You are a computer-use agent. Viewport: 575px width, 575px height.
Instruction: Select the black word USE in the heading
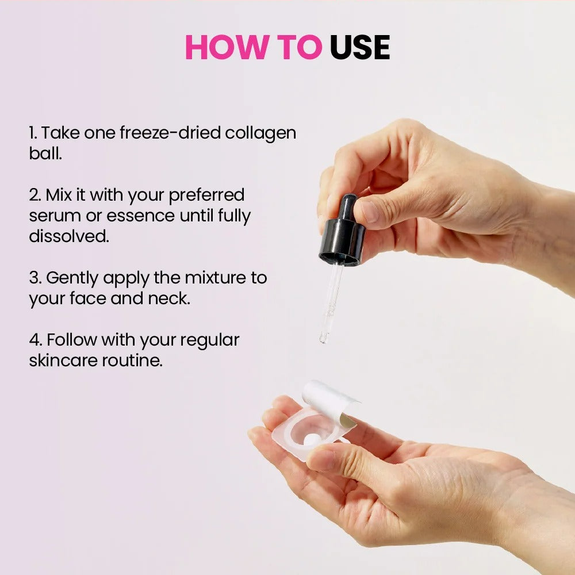coord(359,47)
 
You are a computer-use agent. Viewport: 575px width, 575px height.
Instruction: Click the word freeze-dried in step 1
coord(170,132)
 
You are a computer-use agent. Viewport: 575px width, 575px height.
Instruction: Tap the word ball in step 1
coord(45,153)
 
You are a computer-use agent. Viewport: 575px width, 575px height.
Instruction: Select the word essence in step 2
coord(140,216)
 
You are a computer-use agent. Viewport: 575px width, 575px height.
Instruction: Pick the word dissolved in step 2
coord(69,236)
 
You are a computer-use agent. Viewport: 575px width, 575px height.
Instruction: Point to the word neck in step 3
coord(169,298)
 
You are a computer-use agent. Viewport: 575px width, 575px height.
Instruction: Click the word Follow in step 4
coord(72,340)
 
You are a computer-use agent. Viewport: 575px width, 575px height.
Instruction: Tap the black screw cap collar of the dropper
coord(343,241)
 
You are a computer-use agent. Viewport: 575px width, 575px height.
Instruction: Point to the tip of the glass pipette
coord(322,341)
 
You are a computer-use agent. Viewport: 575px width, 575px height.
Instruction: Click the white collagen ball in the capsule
coord(312,440)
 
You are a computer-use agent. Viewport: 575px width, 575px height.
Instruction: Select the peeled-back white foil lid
coord(328,401)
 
